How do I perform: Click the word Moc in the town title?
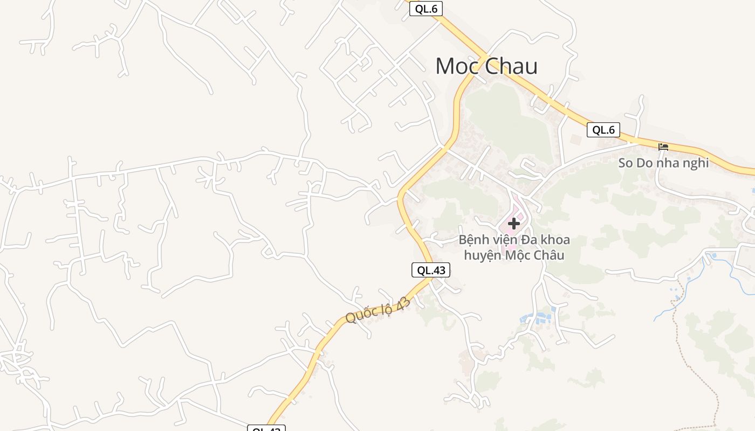coord(458,66)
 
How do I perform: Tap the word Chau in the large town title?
coord(512,66)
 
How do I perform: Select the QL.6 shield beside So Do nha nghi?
coord(603,130)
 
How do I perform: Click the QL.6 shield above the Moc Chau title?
coord(425,9)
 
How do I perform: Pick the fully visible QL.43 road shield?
coord(430,270)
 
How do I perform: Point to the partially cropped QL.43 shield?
coord(266,428)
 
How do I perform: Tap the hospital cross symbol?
coord(513,223)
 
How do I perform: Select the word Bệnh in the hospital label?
coord(474,240)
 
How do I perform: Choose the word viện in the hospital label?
coord(505,240)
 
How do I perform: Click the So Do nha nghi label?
coord(663,163)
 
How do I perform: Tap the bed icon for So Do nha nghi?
coord(663,147)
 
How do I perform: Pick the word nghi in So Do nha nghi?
coord(696,163)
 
